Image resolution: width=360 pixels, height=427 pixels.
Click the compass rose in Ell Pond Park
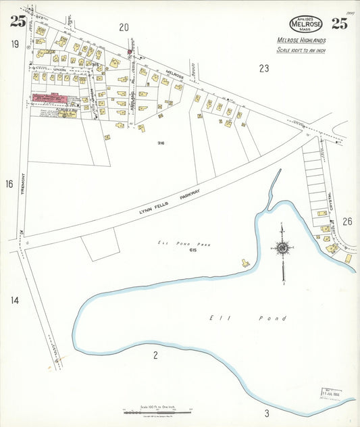click(282, 249)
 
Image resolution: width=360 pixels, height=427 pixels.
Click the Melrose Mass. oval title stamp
click(305, 24)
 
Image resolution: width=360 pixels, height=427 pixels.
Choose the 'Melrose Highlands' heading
click(302, 40)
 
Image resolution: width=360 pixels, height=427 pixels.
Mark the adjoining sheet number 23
click(263, 68)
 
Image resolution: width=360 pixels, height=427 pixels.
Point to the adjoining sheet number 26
click(347, 221)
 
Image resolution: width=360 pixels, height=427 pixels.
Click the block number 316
click(161, 143)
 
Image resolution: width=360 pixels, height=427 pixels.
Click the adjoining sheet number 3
click(267, 413)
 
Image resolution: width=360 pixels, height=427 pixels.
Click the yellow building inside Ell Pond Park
click(245, 262)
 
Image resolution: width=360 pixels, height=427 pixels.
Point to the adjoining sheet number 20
click(124, 27)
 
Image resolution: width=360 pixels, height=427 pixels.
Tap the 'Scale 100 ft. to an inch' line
click(301, 51)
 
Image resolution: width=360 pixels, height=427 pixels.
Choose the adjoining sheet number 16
click(9, 184)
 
